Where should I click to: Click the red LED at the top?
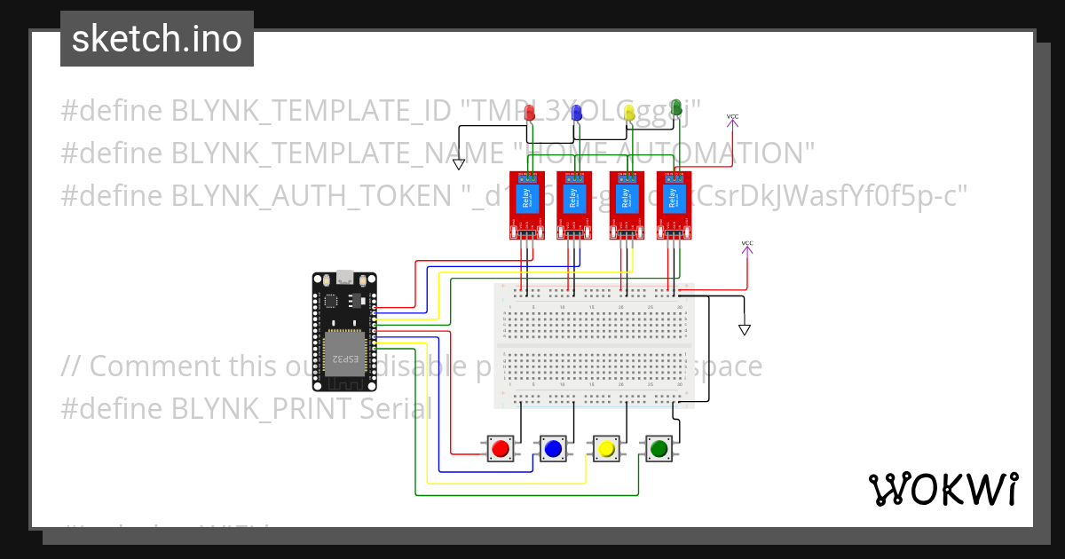[531, 113]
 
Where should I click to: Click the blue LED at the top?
[576, 113]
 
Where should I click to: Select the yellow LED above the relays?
[629, 113]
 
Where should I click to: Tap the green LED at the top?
[675, 107]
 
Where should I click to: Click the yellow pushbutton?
[606, 449]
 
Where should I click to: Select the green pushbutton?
[659, 449]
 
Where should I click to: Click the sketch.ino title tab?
[157, 39]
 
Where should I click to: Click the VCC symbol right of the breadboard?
[747, 248]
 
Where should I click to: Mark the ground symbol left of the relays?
[459, 164]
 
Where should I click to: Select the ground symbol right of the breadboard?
[745, 329]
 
